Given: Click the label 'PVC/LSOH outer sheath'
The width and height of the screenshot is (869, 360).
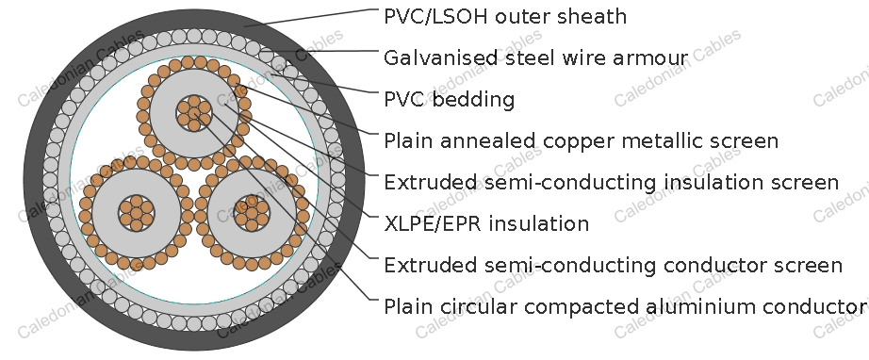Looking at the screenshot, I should tap(505, 17).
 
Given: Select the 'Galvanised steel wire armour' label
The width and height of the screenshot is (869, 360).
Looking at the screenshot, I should tap(535, 58).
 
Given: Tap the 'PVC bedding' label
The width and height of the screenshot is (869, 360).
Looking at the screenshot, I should tap(449, 100).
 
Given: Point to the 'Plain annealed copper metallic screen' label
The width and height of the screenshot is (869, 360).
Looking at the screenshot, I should tap(581, 141).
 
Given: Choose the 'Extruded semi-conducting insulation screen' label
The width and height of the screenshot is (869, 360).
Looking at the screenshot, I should tap(611, 183).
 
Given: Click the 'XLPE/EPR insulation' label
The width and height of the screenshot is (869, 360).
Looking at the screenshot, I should tap(486, 224).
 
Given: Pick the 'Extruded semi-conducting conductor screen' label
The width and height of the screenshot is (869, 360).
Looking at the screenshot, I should tap(613, 266).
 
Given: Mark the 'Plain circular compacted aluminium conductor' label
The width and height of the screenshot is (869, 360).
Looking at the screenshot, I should tap(625, 307).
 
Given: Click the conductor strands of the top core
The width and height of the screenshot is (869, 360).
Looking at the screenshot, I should tap(194, 112).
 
